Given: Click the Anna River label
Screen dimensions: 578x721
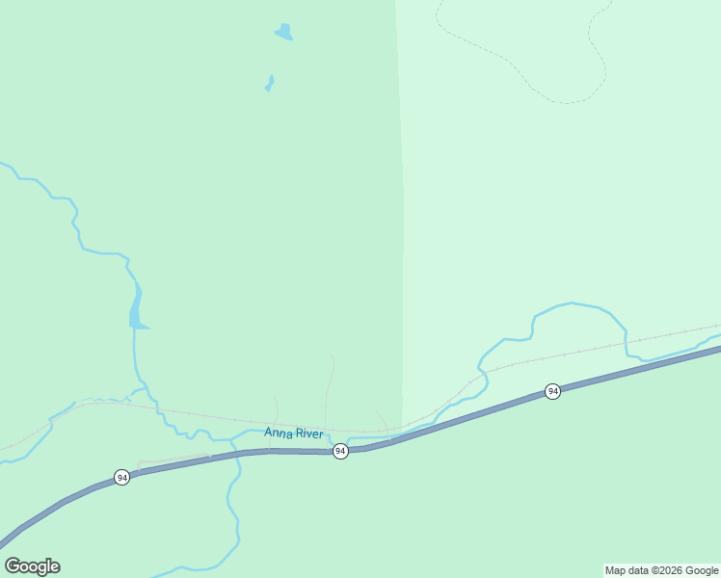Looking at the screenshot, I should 294,433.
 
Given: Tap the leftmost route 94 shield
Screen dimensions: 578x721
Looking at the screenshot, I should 121,478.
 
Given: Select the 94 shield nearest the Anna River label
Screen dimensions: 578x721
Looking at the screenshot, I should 340,451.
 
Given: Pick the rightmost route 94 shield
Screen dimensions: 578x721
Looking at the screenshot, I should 552,391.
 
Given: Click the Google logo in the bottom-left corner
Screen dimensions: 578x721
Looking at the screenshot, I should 33,566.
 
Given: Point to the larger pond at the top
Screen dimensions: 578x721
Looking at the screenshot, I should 283,33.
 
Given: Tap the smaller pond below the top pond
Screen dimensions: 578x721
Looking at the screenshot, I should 270,83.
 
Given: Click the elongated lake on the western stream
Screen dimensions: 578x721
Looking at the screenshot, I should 136,310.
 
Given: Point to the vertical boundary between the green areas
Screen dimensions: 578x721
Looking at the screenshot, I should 401,241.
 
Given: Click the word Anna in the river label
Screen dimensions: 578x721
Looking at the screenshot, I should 278,433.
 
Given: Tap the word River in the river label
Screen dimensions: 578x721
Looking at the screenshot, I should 308,433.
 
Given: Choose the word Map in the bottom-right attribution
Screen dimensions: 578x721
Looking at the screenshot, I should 617,571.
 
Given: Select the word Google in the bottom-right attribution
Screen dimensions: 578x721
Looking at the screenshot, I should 702,571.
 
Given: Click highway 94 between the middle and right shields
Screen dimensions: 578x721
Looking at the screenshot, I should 453,421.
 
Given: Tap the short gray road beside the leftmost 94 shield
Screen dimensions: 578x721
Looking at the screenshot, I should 174,459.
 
